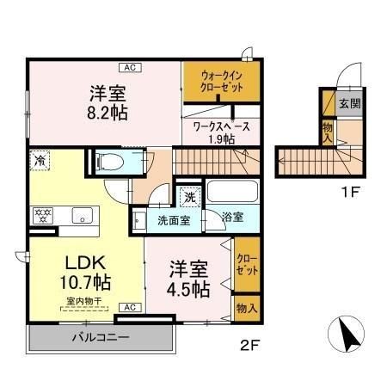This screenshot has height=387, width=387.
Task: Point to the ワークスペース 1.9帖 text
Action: pos(221,132)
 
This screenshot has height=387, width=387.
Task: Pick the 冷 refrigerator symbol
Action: pos(40,160)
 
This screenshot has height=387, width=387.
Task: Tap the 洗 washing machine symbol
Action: pos(191,196)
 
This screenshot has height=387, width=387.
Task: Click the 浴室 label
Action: pos(231,218)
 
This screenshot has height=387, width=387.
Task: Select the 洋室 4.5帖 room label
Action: pos(187,279)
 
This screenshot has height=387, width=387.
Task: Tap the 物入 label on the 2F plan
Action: pos(246,306)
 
